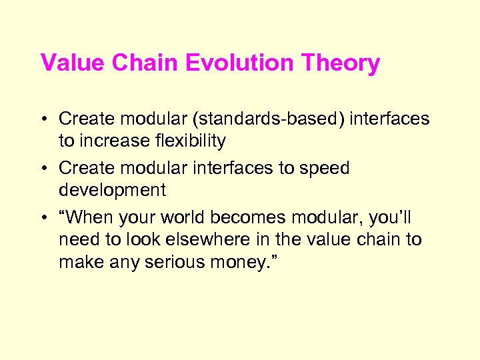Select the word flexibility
[187, 141]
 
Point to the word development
[112, 191]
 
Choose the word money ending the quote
[235, 262]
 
